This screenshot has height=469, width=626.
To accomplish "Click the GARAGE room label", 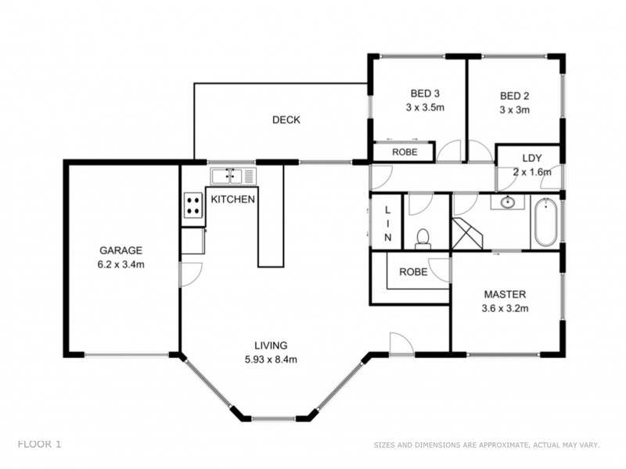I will (x=121, y=251).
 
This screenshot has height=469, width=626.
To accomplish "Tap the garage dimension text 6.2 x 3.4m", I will (x=121, y=264).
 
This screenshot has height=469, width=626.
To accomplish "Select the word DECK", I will (x=286, y=120).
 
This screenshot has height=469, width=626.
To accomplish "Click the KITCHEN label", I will (x=232, y=199).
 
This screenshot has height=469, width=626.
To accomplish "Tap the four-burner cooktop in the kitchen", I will (x=192, y=206).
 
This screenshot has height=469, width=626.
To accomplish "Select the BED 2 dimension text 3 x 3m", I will (x=515, y=110).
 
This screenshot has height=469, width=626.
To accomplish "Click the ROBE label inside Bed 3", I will (x=404, y=152).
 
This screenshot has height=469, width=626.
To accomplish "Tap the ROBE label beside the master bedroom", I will (x=412, y=273).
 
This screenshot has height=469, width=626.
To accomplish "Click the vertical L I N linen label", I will (x=387, y=222).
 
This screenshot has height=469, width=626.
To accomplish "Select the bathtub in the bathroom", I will (x=545, y=224).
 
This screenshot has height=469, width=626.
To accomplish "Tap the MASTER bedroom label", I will (x=505, y=295).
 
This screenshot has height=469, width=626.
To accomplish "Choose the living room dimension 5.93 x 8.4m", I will (x=271, y=360).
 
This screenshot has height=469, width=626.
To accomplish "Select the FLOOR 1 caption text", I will (x=39, y=444).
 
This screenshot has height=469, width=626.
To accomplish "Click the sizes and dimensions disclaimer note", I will (x=486, y=445).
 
